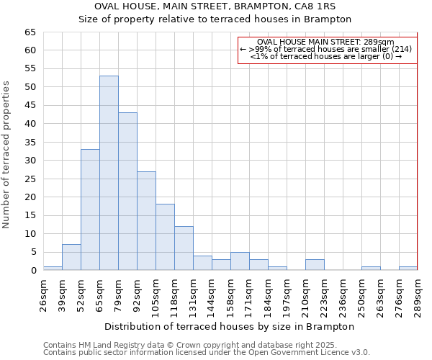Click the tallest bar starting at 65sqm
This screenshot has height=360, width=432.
coord(109,173)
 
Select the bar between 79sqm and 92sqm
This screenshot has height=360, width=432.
coord(127,192)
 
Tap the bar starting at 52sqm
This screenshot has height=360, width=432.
coord(90,210)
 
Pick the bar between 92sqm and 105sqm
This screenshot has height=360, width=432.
coord(146,220)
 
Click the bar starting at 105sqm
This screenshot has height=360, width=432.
coord(165,237)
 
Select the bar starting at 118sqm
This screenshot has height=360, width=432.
coord(184,248)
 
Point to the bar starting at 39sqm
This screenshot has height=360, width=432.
coord(71,257)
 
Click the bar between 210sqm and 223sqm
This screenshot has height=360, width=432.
coord(315,264)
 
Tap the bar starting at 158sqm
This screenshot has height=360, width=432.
coord(240,261)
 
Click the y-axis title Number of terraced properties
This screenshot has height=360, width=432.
coord(6,154)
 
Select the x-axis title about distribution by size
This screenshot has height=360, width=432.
coord(230,326)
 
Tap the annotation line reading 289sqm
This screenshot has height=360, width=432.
coord(325,42)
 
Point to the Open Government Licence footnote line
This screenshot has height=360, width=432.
coord(207,352)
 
